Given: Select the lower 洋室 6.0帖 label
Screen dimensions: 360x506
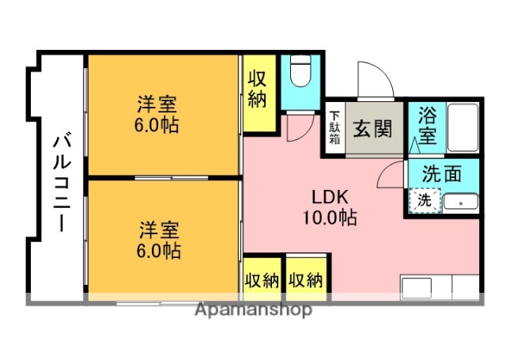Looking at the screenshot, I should tap(160, 240).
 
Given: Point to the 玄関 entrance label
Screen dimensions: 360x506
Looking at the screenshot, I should tap(372, 127).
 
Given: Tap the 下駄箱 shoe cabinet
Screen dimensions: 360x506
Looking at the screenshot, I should tap(334, 127).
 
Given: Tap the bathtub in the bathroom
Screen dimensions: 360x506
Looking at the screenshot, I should tap(462, 127).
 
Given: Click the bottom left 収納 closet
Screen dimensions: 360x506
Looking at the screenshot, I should tap(262, 279).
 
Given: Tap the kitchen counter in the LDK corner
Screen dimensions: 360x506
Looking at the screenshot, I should tap(440, 286).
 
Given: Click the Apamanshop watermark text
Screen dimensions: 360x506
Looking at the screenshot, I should tap(253, 310).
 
